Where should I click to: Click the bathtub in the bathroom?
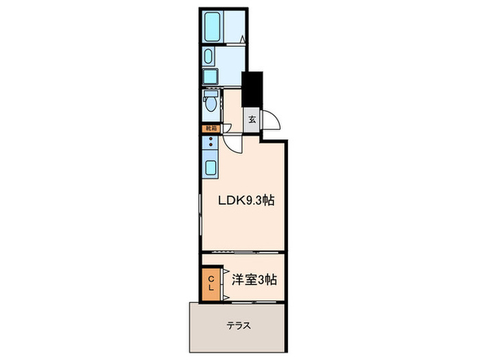click(x=211, y=27)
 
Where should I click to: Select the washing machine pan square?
click(x=211, y=77)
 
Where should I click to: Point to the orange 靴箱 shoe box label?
click(x=210, y=128)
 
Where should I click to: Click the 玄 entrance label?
click(x=252, y=119)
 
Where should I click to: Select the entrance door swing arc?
click(x=272, y=121)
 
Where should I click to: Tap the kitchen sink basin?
click(x=210, y=167)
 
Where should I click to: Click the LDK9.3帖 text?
click(x=246, y=201)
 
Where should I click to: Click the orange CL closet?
click(x=212, y=283)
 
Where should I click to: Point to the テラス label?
click(x=238, y=325)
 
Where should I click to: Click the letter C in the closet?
click(x=212, y=278)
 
